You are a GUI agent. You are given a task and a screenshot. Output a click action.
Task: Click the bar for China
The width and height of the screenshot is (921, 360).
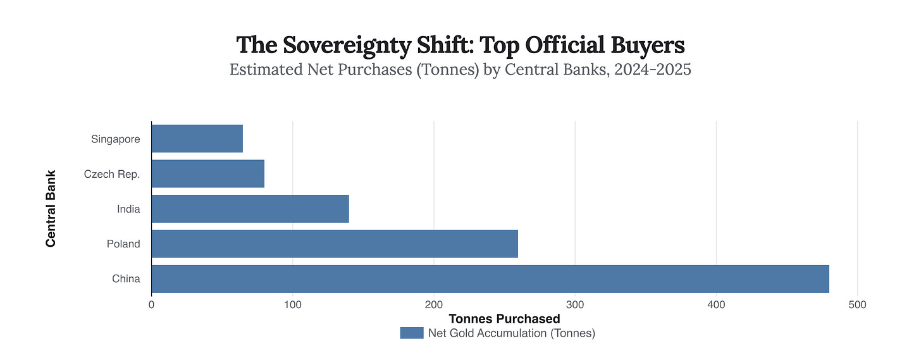coord(490,279)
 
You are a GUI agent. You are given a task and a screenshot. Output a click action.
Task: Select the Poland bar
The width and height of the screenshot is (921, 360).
coord(335,244)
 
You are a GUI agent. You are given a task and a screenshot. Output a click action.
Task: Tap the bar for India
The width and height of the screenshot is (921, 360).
coord(250,209)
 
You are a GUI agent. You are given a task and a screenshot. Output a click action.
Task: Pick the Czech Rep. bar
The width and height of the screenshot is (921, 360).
coord(207,173)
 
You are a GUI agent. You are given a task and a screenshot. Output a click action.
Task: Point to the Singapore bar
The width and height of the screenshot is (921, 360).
coord(197,139)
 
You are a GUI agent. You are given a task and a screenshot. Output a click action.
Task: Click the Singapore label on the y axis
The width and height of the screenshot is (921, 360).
coord(115,139)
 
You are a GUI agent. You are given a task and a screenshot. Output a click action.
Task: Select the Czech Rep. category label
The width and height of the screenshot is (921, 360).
coord(112,173)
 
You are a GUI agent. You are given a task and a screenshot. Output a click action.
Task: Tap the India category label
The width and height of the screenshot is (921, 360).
coord(128,209)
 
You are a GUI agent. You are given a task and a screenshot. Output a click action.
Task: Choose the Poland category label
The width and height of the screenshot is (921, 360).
coord(123,244)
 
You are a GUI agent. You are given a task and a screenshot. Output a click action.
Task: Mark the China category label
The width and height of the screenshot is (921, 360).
coord(127,279)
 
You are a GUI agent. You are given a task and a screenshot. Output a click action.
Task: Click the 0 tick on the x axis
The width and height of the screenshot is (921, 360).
coord(151,305)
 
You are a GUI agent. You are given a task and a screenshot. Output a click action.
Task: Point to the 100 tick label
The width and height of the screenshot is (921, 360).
coord(292,305)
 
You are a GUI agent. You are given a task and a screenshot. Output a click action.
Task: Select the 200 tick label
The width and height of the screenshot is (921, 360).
coord(434,305)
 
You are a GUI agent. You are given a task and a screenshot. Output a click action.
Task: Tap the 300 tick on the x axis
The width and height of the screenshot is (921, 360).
coord(575,305)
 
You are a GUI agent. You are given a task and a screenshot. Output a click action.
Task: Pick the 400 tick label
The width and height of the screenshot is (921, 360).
coord(716,305)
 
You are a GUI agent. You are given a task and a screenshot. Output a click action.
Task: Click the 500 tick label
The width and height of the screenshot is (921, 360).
coord(858,305)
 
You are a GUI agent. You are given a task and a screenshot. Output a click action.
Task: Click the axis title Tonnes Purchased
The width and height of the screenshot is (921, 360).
coord(504,319)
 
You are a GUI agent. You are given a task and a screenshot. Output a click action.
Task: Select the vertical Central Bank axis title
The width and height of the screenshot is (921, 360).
coord(51,208)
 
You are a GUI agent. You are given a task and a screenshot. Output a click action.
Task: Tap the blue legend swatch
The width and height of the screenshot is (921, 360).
coord(411,333)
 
